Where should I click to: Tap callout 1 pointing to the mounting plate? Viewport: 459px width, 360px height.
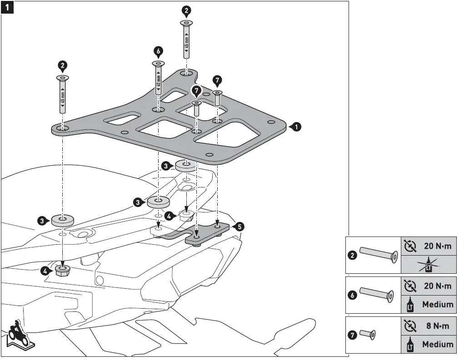click(x=296, y=128)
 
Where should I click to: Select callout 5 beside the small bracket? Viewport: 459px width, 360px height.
click(x=239, y=226)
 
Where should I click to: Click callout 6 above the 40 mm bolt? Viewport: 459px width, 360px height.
click(x=158, y=51)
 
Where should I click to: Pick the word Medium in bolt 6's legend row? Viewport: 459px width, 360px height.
click(x=437, y=304)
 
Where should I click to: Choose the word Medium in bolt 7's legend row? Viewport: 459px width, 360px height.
click(x=437, y=344)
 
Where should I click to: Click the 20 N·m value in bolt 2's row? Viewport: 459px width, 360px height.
click(x=437, y=246)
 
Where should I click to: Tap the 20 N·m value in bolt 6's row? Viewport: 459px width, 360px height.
click(x=437, y=286)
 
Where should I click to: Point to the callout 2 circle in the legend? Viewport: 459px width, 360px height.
click(x=352, y=255)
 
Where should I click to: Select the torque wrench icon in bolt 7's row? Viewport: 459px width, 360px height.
click(x=409, y=326)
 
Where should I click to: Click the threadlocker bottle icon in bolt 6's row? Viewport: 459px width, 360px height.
click(x=409, y=304)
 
